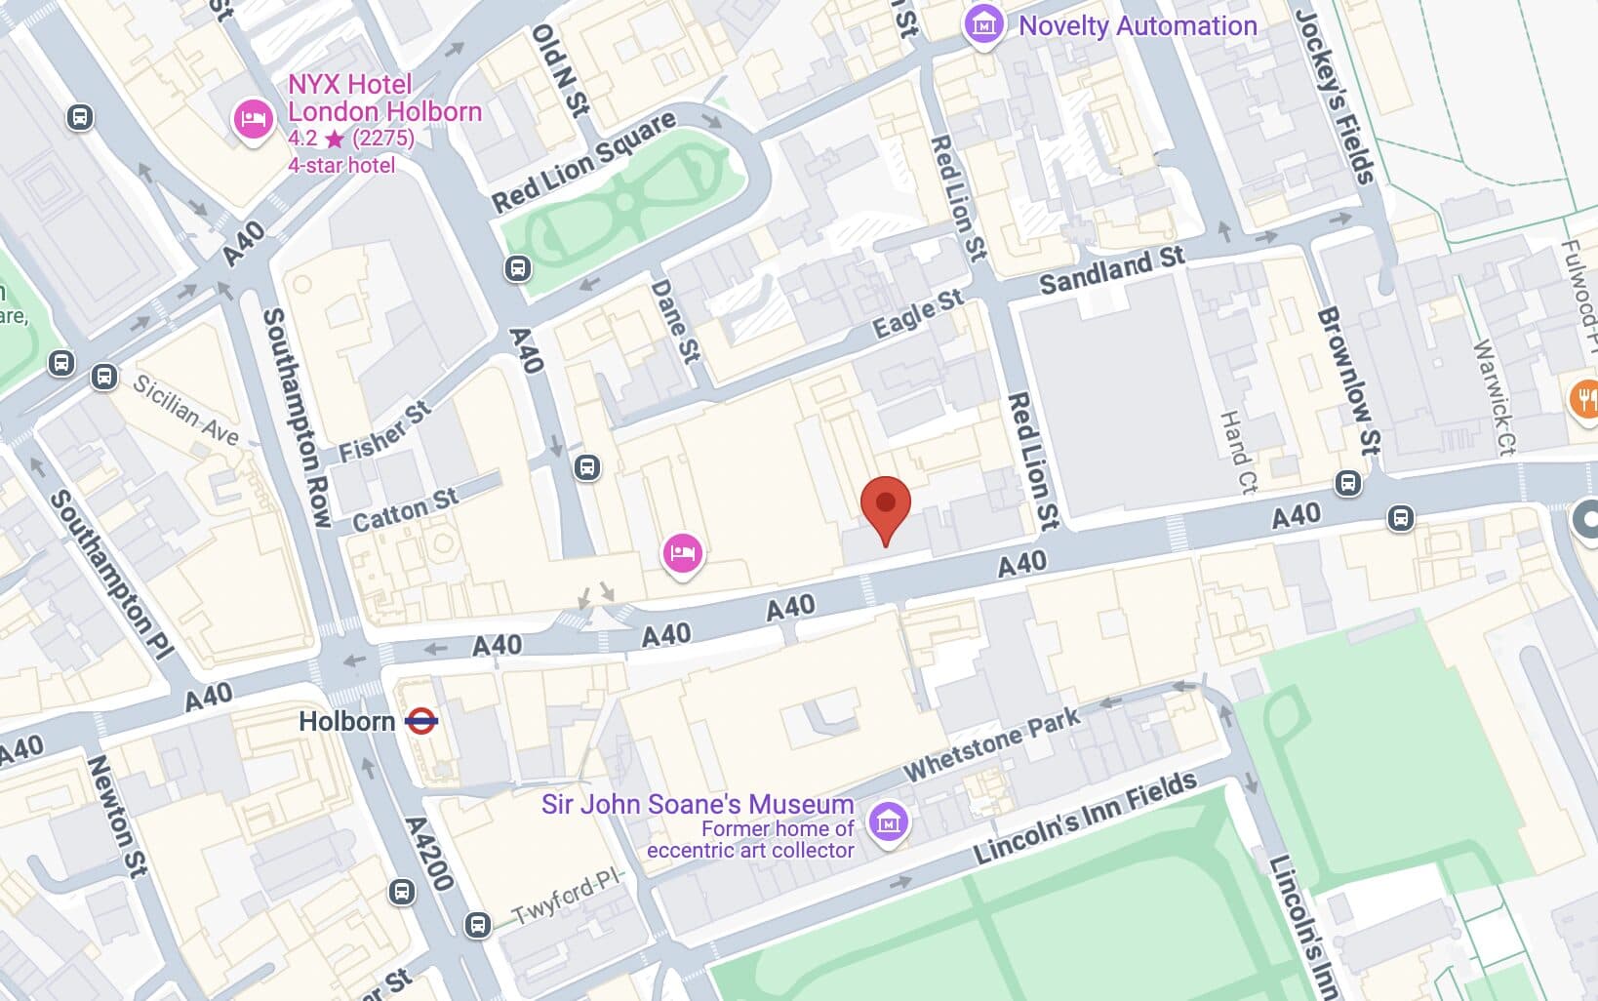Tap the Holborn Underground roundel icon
tap(421, 722)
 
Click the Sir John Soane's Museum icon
tap(888, 822)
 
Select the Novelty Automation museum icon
tap(983, 24)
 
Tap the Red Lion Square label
tap(583, 162)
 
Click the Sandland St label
tap(1111, 270)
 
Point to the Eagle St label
tap(917, 314)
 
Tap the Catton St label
tap(404, 510)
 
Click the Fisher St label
tap(384, 432)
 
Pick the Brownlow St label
tap(1348, 380)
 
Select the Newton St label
tap(117, 815)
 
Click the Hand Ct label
tap(1236, 452)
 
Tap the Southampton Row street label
tap(297, 418)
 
